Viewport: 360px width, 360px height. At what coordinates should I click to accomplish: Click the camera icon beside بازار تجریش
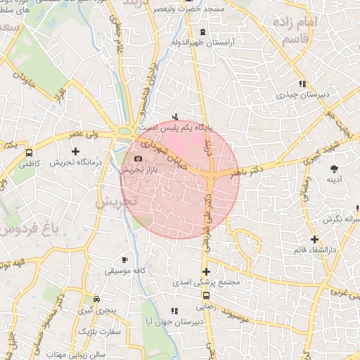pos(138,158)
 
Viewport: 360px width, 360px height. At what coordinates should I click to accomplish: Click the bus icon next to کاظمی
pos(29,151)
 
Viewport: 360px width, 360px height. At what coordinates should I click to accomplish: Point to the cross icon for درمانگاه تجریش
pos(76,151)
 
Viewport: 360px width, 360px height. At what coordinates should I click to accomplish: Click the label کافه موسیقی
pos(125,270)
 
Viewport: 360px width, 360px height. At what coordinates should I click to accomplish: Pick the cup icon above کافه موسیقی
pos(125,259)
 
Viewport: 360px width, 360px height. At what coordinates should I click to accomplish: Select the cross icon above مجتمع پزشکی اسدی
pos(206,271)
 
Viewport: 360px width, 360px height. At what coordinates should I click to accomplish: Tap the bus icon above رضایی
pos(205,296)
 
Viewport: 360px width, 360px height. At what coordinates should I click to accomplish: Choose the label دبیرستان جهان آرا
pos(175,321)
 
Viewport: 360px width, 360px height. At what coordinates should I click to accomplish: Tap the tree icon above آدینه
pos(333,168)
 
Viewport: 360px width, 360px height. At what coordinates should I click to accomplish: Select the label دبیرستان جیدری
pos(301,93)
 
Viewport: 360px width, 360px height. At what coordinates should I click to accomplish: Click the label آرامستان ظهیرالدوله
pos(203,42)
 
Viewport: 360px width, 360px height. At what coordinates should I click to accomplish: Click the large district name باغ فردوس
pos(28,227)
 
